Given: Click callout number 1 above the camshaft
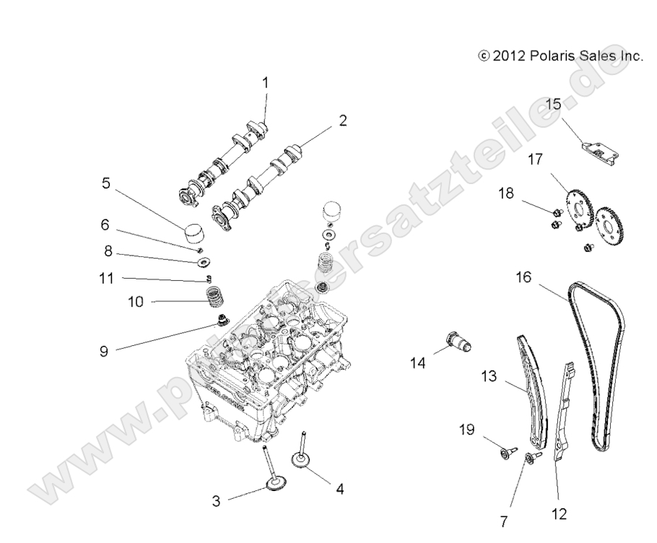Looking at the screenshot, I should [x=265, y=83].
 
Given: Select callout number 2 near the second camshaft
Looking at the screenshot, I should [x=342, y=121].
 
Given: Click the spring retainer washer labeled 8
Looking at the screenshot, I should [x=202, y=260].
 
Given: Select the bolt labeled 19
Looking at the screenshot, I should [x=506, y=453].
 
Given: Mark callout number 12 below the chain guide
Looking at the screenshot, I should [x=559, y=513].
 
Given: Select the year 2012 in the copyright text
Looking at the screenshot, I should [x=508, y=56].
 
